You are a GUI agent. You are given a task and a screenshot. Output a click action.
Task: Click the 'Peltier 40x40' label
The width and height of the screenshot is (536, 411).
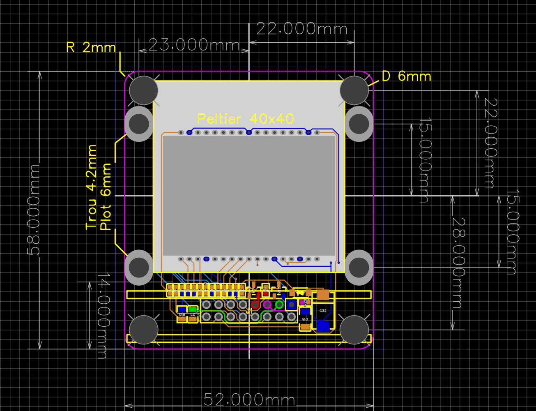(245, 119)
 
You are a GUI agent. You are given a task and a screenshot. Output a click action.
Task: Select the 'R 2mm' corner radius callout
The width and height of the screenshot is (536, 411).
(91, 48)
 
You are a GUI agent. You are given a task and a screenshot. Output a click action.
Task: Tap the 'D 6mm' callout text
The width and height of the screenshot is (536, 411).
(406, 76)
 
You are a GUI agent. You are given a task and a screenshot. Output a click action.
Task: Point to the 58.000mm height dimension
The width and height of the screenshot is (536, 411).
(34, 210)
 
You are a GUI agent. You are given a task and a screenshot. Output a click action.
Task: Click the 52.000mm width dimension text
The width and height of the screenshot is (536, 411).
(249, 399)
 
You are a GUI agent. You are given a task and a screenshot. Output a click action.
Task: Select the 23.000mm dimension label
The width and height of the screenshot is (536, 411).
(194, 45)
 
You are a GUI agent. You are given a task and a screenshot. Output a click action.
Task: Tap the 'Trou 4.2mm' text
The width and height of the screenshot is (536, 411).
(91, 187)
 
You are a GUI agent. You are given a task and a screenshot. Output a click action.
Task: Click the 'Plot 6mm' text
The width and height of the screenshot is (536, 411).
(106, 196)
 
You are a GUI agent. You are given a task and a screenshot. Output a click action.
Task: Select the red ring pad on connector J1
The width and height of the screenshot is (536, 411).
(255, 305)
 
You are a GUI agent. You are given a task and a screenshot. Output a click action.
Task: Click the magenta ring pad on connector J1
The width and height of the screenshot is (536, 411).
(267, 305)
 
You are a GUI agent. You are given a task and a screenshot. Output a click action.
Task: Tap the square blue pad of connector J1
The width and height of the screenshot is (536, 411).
(292, 305)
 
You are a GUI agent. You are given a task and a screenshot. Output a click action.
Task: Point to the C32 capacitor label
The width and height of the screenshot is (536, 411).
(323, 311)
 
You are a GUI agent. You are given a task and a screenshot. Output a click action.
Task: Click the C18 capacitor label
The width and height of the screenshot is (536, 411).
(305, 319)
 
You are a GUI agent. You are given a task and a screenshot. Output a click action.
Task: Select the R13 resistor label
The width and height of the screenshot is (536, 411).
(182, 314)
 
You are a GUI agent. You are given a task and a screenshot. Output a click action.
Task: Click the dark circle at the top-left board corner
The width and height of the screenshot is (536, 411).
(143, 90)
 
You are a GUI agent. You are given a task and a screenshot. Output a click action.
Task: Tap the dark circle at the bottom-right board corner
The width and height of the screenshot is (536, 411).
(354, 330)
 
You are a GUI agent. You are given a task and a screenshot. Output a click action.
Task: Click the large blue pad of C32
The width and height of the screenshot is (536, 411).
(323, 326)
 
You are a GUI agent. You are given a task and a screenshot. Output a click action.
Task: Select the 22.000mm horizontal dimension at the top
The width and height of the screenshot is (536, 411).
(301, 29)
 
